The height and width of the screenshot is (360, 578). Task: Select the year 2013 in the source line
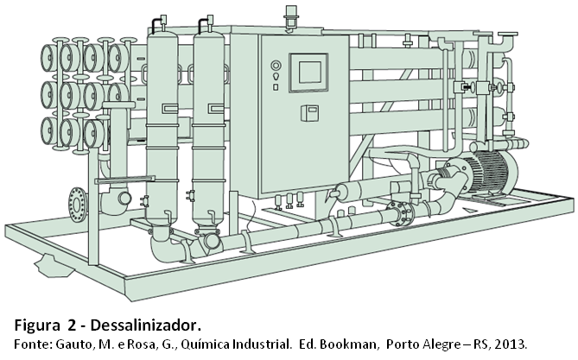[x=510, y=342]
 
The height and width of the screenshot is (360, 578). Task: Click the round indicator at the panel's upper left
[x=276, y=64]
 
